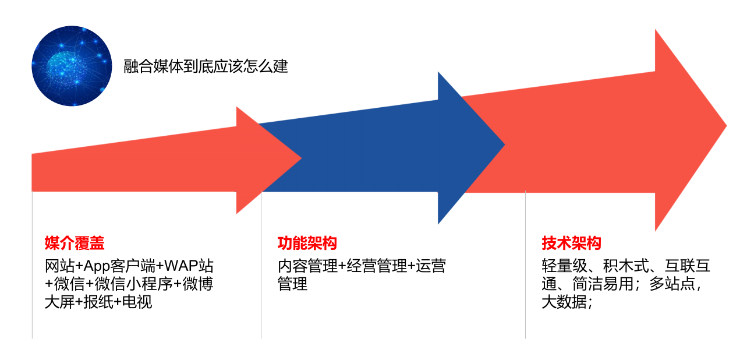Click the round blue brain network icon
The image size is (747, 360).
click(x=72, y=66)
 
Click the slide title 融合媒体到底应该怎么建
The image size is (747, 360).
click(x=206, y=66)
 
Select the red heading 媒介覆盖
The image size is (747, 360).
click(x=75, y=243)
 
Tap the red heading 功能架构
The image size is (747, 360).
click(x=307, y=243)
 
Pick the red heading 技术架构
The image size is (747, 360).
click(x=571, y=243)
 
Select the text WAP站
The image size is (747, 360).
click(x=189, y=267)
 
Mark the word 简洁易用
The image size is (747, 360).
click(x=603, y=284)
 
